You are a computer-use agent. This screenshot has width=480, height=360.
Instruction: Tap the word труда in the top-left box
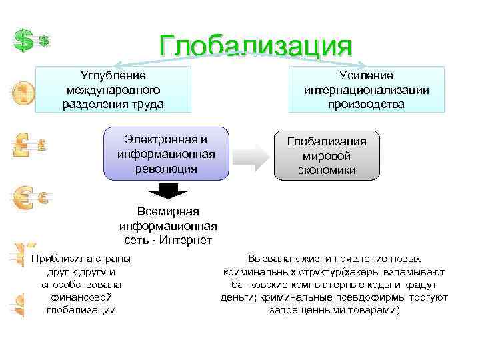(x=147, y=104)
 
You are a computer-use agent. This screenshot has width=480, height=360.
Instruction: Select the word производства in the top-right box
(x=365, y=104)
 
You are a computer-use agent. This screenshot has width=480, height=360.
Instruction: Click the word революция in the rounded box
(x=165, y=168)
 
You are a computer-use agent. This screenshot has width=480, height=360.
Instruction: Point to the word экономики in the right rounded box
(x=327, y=170)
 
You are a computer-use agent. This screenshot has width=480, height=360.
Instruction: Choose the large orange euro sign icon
(x=23, y=197)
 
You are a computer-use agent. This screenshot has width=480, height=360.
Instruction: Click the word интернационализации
(x=366, y=90)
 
